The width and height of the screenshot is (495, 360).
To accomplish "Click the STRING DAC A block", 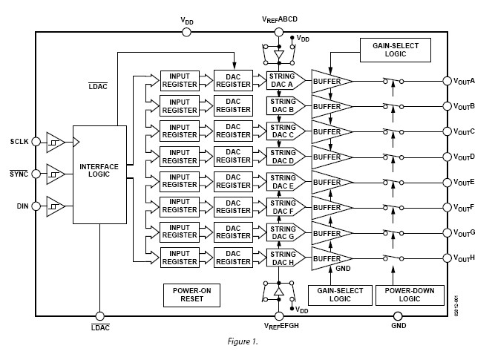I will (282, 80).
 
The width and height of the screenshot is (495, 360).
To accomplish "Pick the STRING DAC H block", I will (282, 258).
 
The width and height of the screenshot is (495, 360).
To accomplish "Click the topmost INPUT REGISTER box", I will (180, 80).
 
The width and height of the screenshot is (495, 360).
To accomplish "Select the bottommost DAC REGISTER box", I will (233, 258).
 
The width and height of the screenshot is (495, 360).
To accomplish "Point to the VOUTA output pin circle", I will (447, 80).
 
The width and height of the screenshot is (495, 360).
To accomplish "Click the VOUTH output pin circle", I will (447, 258).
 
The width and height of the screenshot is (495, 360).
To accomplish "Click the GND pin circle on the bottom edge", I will (399, 316).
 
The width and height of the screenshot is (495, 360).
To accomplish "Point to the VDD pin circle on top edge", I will (186, 32).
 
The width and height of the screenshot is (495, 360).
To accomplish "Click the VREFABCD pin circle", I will (278, 32).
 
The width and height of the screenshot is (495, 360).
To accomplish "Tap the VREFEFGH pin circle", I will (278, 316).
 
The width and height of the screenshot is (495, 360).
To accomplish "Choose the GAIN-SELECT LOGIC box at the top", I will (390, 50).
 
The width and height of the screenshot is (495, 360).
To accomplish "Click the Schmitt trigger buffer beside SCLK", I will (56, 141).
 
